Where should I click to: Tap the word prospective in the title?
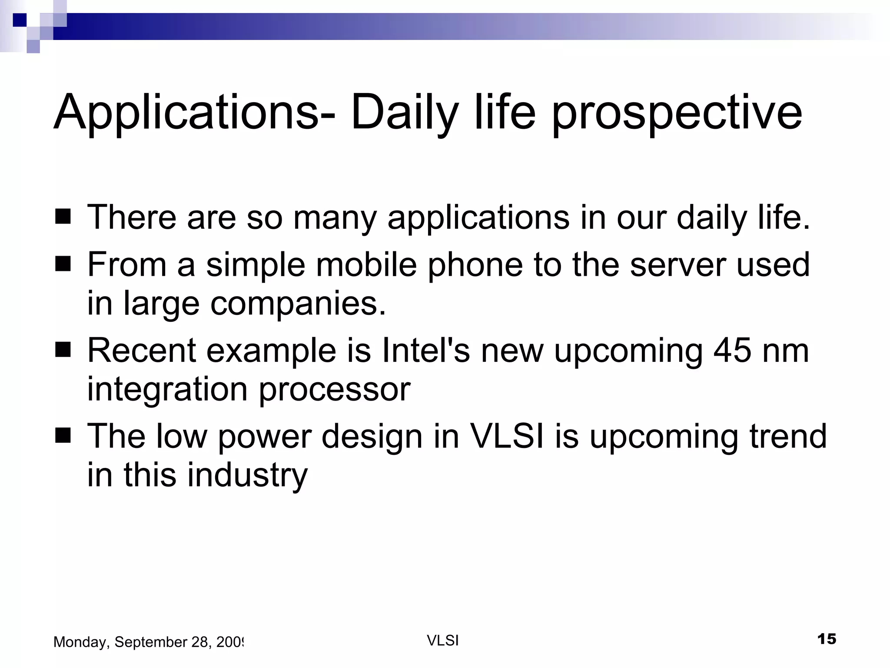(677, 114)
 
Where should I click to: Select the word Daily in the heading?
(404, 113)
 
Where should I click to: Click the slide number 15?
(827, 639)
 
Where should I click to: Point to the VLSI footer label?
(443, 641)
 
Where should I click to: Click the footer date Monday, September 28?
(148, 642)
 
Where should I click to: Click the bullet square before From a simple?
(63, 264)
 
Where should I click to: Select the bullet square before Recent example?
(63, 350)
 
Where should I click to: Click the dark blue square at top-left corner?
(20, 20)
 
